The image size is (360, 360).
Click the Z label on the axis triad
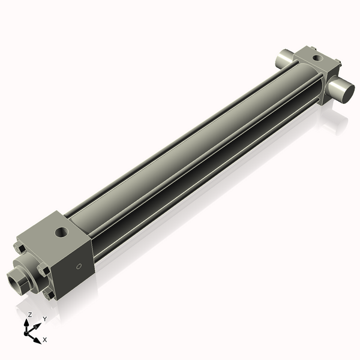pos(30,314)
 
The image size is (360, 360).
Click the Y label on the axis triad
pos(44,318)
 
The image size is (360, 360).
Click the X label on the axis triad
pos(45,340)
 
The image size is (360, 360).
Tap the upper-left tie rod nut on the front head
pos(21,248)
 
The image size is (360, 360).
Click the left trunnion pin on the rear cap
pos(282,60)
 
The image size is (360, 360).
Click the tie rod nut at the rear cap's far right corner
pos(338,62)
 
